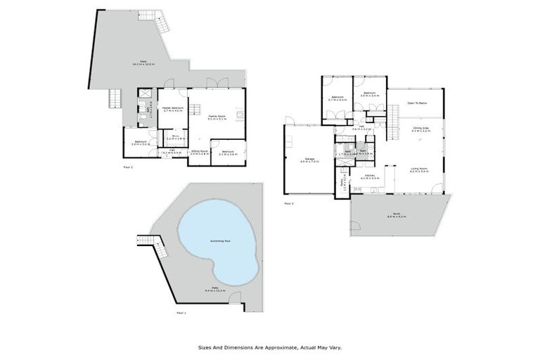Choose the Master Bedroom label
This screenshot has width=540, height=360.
[x=172, y=109]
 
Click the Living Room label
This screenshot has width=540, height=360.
[x=420, y=169]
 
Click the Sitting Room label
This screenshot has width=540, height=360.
[x=200, y=152]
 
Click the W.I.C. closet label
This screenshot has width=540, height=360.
[x=175, y=139]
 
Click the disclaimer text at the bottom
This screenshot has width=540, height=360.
[x=271, y=347]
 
